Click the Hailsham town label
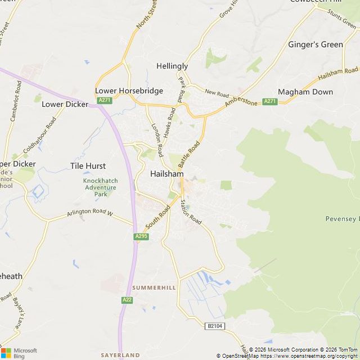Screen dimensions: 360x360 point(166,174)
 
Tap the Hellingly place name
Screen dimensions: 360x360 point(172,66)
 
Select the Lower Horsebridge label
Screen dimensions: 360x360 point(129,91)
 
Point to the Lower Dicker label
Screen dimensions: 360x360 point(65,104)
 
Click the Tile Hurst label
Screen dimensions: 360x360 point(88,166)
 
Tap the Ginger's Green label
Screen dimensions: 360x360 point(315,44)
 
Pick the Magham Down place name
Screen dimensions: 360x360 point(305,92)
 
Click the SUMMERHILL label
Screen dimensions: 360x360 point(154,288)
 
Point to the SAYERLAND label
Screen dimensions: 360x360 point(120,355)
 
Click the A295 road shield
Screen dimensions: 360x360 point(141,237)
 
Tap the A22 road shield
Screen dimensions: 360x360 point(127,300)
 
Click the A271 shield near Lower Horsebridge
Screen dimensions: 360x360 point(104,100)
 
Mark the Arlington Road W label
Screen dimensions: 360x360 point(90,214)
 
